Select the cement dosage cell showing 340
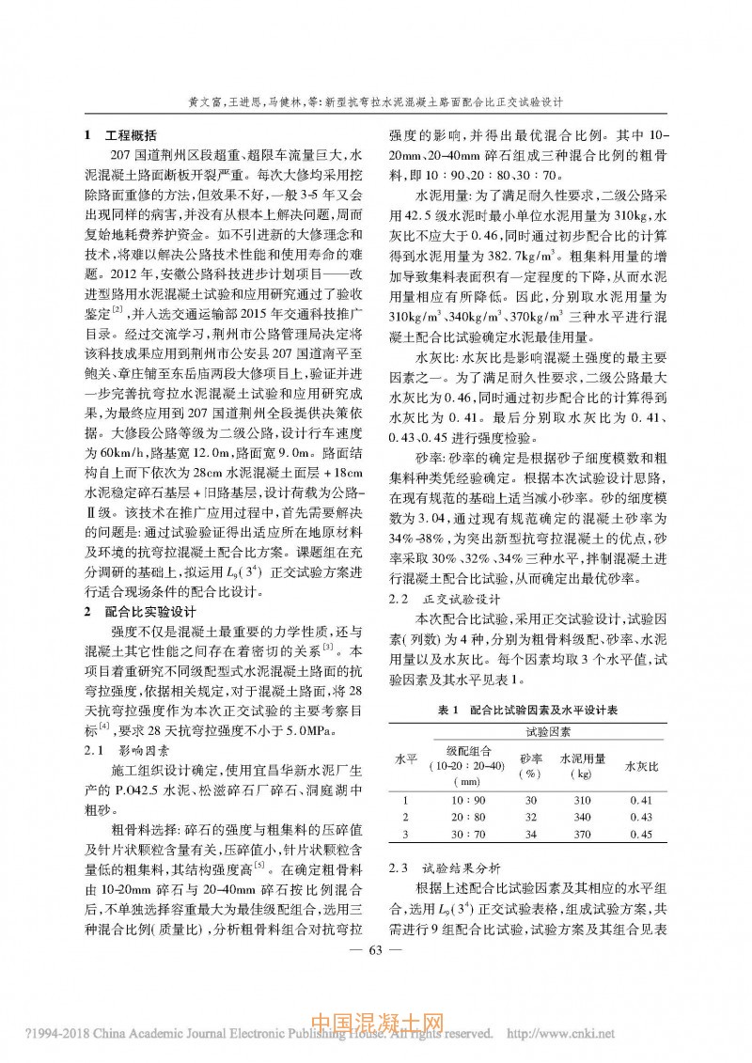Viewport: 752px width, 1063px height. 583,817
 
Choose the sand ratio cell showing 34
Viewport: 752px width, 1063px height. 531,834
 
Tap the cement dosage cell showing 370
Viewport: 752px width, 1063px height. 583,834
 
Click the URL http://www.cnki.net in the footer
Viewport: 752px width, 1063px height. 560,1033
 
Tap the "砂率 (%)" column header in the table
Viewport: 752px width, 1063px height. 531,764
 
